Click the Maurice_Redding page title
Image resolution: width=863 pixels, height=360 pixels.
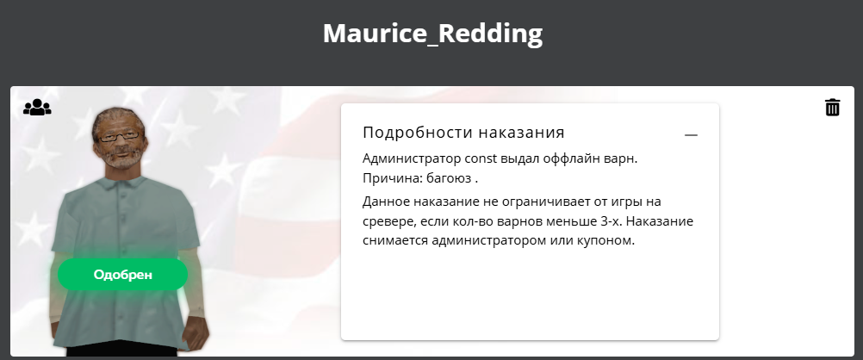pyautogui.click(x=432, y=34)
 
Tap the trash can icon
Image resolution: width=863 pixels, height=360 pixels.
pyautogui.click(x=833, y=108)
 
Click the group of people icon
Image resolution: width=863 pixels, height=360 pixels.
pyautogui.click(x=37, y=107)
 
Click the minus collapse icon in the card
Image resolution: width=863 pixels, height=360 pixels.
pyautogui.click(x=691, y=135)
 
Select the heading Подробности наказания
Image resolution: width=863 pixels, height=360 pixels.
pyautogui.click(x=463, y=133)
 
